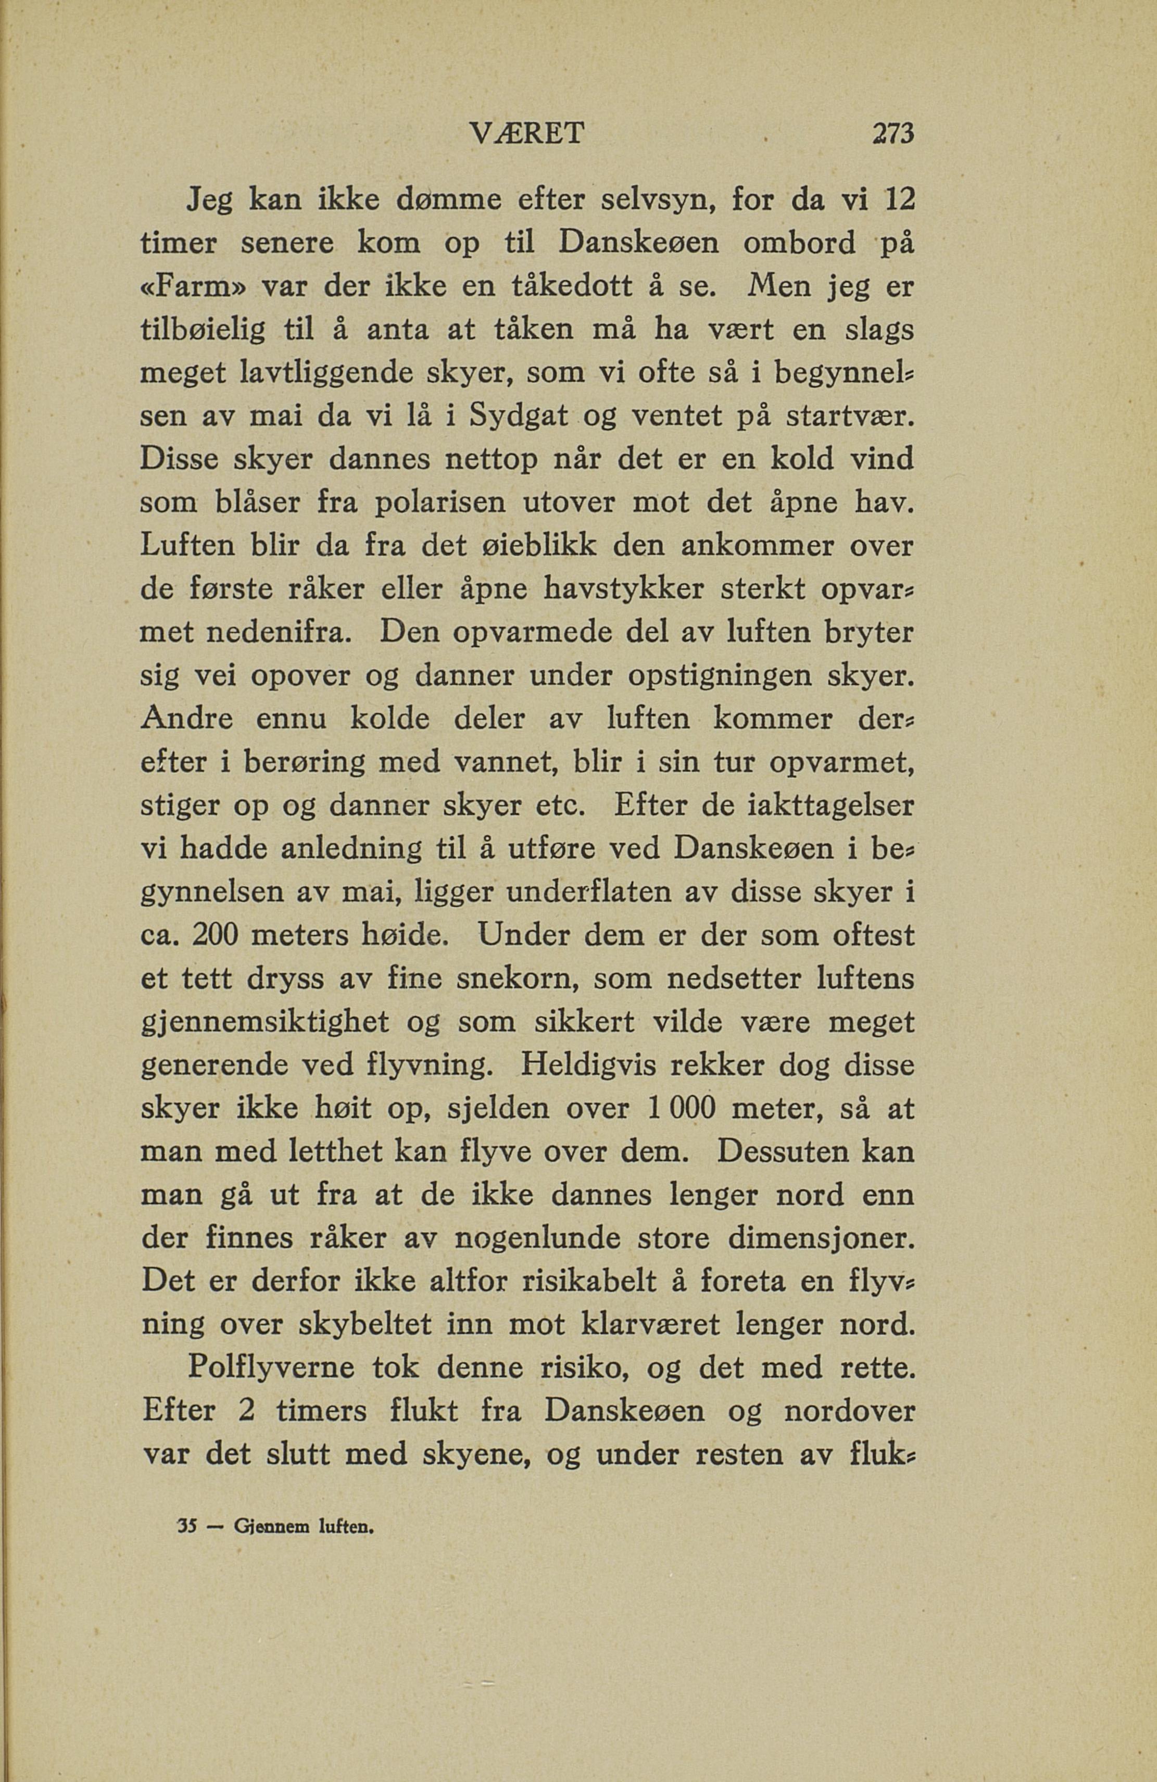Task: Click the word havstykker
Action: pos(636,590)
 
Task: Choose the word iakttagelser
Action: pos(831,807)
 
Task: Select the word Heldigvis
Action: pos(582,1065)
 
